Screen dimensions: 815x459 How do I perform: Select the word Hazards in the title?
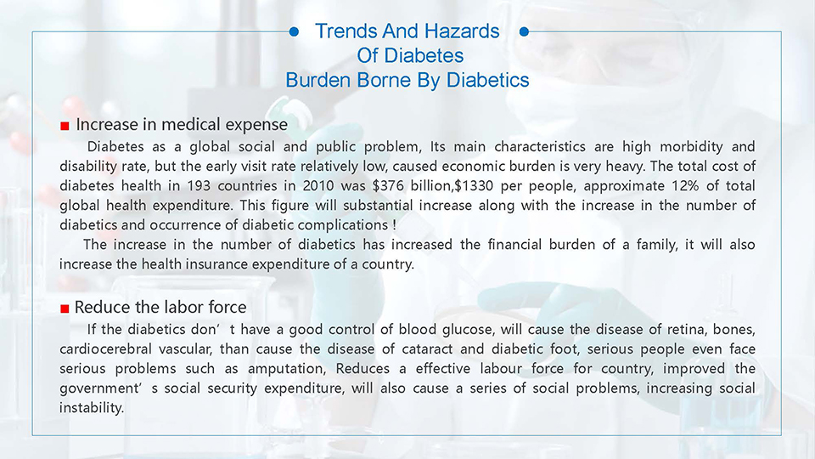(461, 31)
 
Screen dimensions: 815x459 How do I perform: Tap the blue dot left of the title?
(294, 31)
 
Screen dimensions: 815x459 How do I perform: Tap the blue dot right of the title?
(524, 31)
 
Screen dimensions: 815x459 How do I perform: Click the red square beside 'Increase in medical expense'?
(65, 126)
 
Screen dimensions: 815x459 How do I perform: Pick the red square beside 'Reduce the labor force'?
(65, 309)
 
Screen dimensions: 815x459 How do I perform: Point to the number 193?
(198, 186)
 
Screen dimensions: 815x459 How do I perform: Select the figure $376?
(388, 186)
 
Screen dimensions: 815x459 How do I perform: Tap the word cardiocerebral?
(105, 349)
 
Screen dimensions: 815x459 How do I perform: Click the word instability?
(92, 408)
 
